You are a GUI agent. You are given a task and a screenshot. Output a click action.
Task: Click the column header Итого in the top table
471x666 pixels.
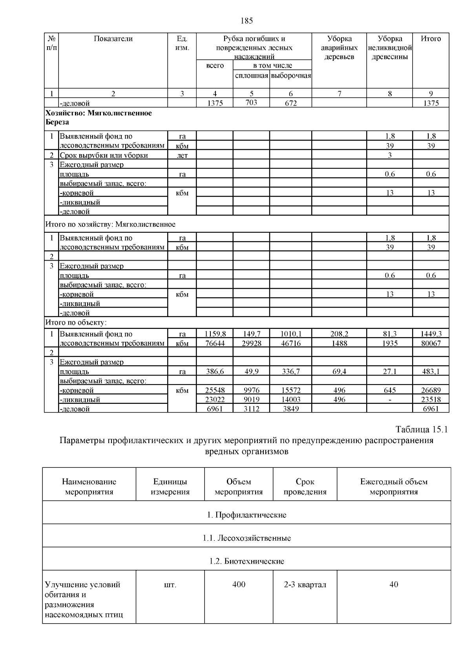[x=431, y=39]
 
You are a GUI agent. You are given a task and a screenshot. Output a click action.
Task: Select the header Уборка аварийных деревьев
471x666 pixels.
[x=339, y=48]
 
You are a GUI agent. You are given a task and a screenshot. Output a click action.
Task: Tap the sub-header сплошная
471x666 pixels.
[x=251, y=75]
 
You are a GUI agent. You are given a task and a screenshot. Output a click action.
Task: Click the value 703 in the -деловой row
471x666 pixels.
[x=251, y=102]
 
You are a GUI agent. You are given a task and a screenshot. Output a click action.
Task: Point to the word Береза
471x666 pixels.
[x=57, y=122]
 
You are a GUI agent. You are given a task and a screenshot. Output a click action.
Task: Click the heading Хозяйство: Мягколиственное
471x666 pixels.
[x=99, y=113]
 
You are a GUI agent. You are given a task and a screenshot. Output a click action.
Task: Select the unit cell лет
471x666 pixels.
[x=182, y=155]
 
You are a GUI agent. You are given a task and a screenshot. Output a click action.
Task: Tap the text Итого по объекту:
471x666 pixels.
[x=76, y=323]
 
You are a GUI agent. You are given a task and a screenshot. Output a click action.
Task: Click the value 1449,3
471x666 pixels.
[x=431, y=334]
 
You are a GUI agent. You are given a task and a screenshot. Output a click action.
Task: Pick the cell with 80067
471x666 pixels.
[x=431, y=343]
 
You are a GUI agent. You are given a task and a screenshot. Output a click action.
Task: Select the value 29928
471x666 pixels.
[x=251, y=343]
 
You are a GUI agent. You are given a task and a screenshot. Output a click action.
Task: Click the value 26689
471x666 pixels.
[x=431, y=390]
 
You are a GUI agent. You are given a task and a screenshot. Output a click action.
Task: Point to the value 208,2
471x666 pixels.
[x=339, y=334]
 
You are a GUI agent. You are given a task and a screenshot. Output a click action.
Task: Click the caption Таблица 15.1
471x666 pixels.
[x=421, y=429]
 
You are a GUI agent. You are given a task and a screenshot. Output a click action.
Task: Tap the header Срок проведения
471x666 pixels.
[x=305, y=487]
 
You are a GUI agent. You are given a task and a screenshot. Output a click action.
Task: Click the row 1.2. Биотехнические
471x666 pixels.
[x=246, y=561]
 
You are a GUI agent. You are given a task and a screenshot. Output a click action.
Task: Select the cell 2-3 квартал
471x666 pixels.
[x=305, y=585]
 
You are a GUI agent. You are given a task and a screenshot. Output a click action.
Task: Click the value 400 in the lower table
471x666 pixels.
[x=239, y=585]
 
